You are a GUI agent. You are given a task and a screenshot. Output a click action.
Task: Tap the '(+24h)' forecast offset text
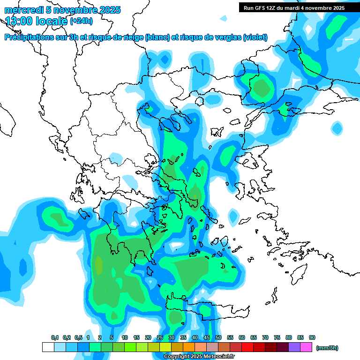[81, 21]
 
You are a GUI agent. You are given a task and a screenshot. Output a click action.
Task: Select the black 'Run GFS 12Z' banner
[294, 7]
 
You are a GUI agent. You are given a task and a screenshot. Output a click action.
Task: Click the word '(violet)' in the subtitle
[255, 37]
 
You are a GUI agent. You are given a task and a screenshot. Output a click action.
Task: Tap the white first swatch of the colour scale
[48, 347]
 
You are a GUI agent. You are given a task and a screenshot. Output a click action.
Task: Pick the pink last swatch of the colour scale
[306, 347]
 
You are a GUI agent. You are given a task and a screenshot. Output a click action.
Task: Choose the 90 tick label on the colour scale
[312, 337]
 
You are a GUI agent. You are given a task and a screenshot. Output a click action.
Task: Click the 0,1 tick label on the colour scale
[54, 337]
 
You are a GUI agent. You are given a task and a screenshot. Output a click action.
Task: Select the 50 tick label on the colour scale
[218, 337]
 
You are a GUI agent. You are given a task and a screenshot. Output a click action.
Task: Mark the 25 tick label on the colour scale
[160, 337]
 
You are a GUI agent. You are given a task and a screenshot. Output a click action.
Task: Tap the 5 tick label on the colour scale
[112, 337]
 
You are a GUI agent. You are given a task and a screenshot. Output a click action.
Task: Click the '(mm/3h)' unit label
[327, 348]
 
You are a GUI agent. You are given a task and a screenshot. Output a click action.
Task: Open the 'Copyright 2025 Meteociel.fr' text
[199, 357]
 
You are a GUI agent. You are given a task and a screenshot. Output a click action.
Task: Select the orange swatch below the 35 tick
[189, 347]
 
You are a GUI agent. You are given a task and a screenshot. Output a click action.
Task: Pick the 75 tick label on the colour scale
[277, 337]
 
